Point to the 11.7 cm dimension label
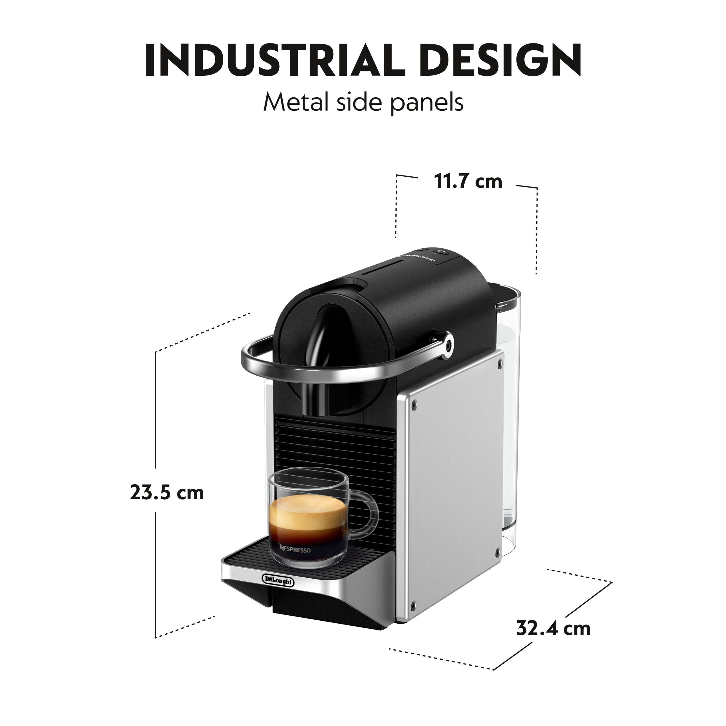tap(468, 181)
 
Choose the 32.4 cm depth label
tap(553, 628)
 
